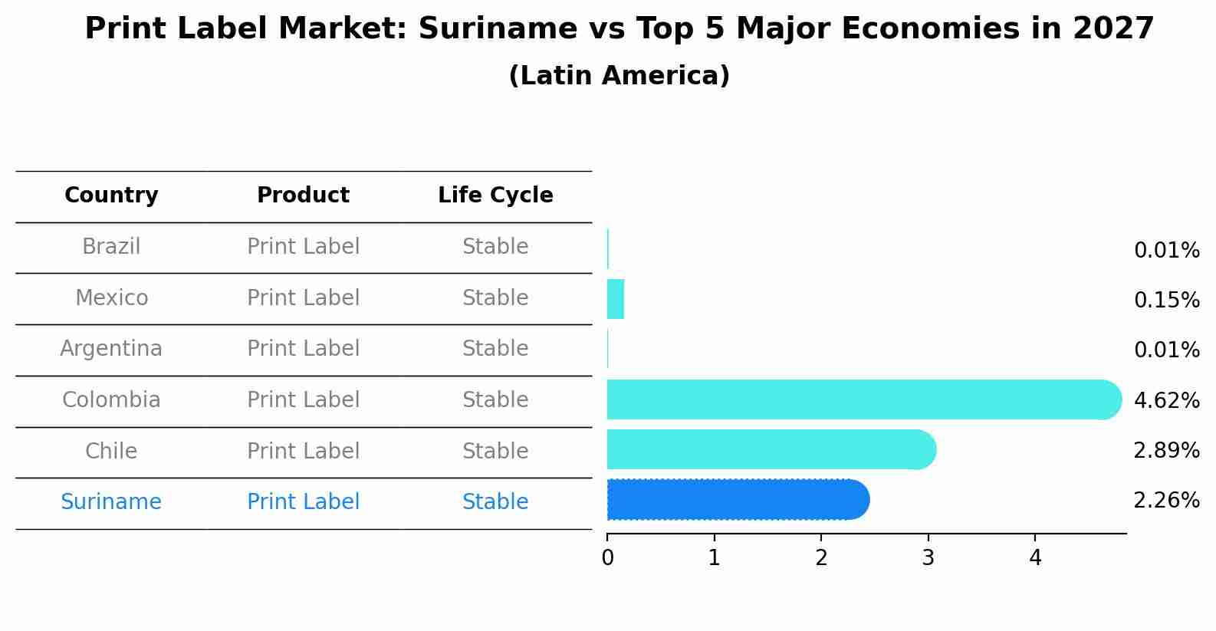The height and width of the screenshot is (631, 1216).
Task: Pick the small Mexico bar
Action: click(615, 299)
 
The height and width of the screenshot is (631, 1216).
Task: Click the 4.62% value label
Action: click(1166, 400)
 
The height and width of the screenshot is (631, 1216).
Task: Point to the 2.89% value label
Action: click(1166, 451)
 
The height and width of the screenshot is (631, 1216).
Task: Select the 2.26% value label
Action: click(1166, 501)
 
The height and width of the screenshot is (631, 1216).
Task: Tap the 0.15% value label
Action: click(1166, 301)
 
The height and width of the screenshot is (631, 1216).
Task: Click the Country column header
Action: click(111, 196)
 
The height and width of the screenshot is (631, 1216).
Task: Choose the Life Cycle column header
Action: click(495, 196)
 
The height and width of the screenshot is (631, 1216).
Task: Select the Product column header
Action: click(303, 196)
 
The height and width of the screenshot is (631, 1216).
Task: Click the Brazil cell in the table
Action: click(111, 247)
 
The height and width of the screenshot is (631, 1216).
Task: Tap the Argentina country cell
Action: click(111, 349)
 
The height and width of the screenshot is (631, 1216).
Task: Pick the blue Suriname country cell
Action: click(111, 502)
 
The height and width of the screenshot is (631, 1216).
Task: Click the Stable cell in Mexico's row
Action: click(495, 298)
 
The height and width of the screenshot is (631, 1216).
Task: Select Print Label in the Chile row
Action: click(303, 452)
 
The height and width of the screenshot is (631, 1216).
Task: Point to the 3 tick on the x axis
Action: click(928, 558)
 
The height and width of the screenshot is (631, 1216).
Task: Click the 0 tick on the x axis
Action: click(607, 558)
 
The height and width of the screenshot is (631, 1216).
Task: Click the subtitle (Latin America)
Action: click(619, 76)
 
